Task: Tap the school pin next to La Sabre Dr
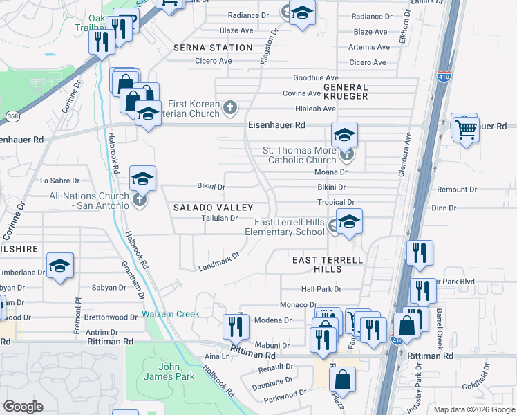click(x=142, y=178)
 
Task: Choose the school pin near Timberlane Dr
click(x=60, y=265)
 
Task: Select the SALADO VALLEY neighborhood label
click(x=212, y=208)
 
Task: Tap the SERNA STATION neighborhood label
click(x=212, y=48)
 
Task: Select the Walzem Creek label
click(x=171, y=314)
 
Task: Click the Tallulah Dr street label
click(x=214, y=218)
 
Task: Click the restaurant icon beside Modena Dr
click(x=236, y=325)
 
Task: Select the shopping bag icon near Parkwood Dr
click(x=342, y=379)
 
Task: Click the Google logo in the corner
click(x=23, y=407)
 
